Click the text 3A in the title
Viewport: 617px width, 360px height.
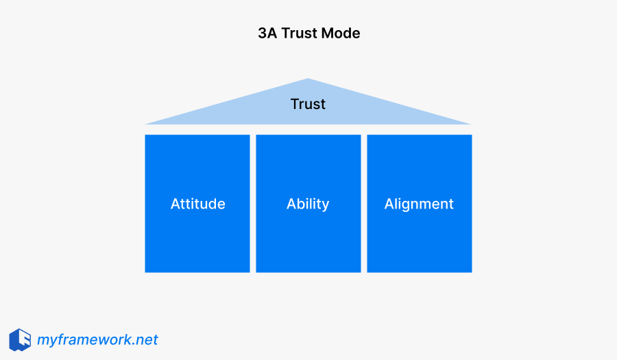click(267, 33)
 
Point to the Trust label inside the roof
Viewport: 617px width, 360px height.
click(308, 104)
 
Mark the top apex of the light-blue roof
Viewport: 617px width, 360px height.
click(308, 80)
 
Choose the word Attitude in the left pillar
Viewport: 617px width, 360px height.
click(197, 204)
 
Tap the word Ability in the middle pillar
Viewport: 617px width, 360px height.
click(308, 204)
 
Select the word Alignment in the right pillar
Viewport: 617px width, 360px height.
click(419, 204)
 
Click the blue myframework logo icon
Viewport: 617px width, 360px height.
click(20, 339)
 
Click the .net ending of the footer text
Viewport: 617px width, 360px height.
click(145, 339)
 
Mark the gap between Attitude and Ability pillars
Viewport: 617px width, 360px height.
click(253, 204)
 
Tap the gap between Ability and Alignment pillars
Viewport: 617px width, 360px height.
click(364, 204)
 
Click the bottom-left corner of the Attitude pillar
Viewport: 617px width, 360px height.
click(146, 272)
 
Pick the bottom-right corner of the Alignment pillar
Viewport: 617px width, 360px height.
click(471, 272)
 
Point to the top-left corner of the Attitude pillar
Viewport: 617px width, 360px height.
click(146, 136)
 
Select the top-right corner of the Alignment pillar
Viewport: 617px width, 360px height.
click(471, 136)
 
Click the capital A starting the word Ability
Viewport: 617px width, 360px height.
click(291, 204)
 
